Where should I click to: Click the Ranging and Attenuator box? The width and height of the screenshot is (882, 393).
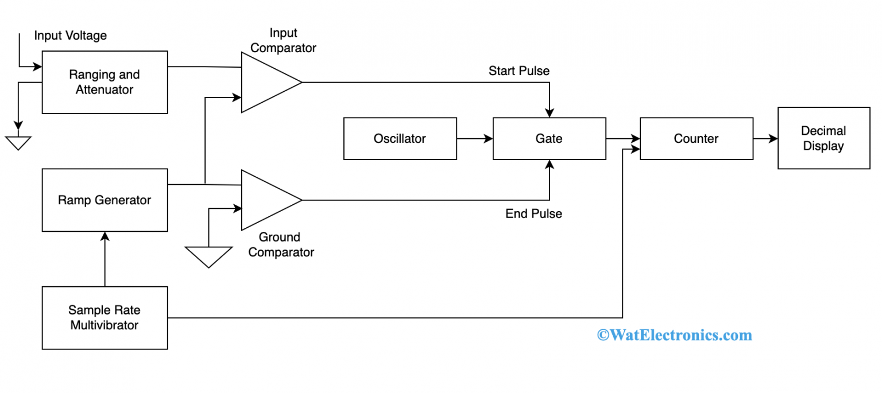(105, 82)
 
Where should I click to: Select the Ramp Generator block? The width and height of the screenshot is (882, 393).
(105, 200)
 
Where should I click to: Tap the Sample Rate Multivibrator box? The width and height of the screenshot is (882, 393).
(105, 318)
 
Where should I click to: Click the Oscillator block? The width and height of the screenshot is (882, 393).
(400, 138)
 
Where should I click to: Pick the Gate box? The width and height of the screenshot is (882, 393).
(549, 138)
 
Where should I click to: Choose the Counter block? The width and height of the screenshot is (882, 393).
(696, 138)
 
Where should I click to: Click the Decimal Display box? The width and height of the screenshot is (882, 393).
(823, 138)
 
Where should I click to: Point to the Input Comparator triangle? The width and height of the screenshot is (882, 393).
(267, 83)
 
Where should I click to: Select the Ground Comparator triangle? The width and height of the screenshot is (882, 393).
(267, 200)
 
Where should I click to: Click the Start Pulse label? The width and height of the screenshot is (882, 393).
(519, 71)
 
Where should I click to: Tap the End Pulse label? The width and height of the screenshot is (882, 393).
(533, 214)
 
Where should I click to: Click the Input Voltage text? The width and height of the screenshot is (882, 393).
(70, 36)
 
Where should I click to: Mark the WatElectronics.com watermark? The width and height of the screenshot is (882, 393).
(674, 335)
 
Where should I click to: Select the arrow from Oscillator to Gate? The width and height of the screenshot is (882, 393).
(475, 138)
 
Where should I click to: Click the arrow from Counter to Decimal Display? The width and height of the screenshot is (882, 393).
(765, 138)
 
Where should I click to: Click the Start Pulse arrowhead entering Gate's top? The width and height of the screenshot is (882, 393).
(550, 112)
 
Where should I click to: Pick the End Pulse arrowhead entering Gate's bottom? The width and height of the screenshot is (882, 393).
(550, 165)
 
